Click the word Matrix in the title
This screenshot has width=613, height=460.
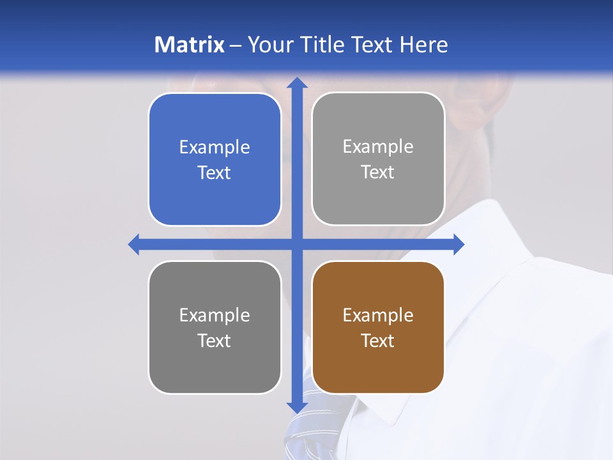pyautogui.click(x=189, y=45)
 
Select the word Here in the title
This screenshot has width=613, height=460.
pyautogui.click(x=423, y=45)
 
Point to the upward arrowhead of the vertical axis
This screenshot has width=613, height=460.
pyautogui.click(x=297, y=82)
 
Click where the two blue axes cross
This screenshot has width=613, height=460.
pyautogui.click(x=297, y=244)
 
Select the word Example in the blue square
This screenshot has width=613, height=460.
pyautogui.click(x=215, y=148)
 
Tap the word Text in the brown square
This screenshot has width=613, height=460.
pyautogui.click(x=378, y=341)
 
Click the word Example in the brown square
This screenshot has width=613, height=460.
pyautogui.click(x=378, y=315)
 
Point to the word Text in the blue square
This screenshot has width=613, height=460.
pyautogui.click(x=215, y=172)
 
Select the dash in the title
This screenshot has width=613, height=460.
pyautogui.click(x=236, y=45)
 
